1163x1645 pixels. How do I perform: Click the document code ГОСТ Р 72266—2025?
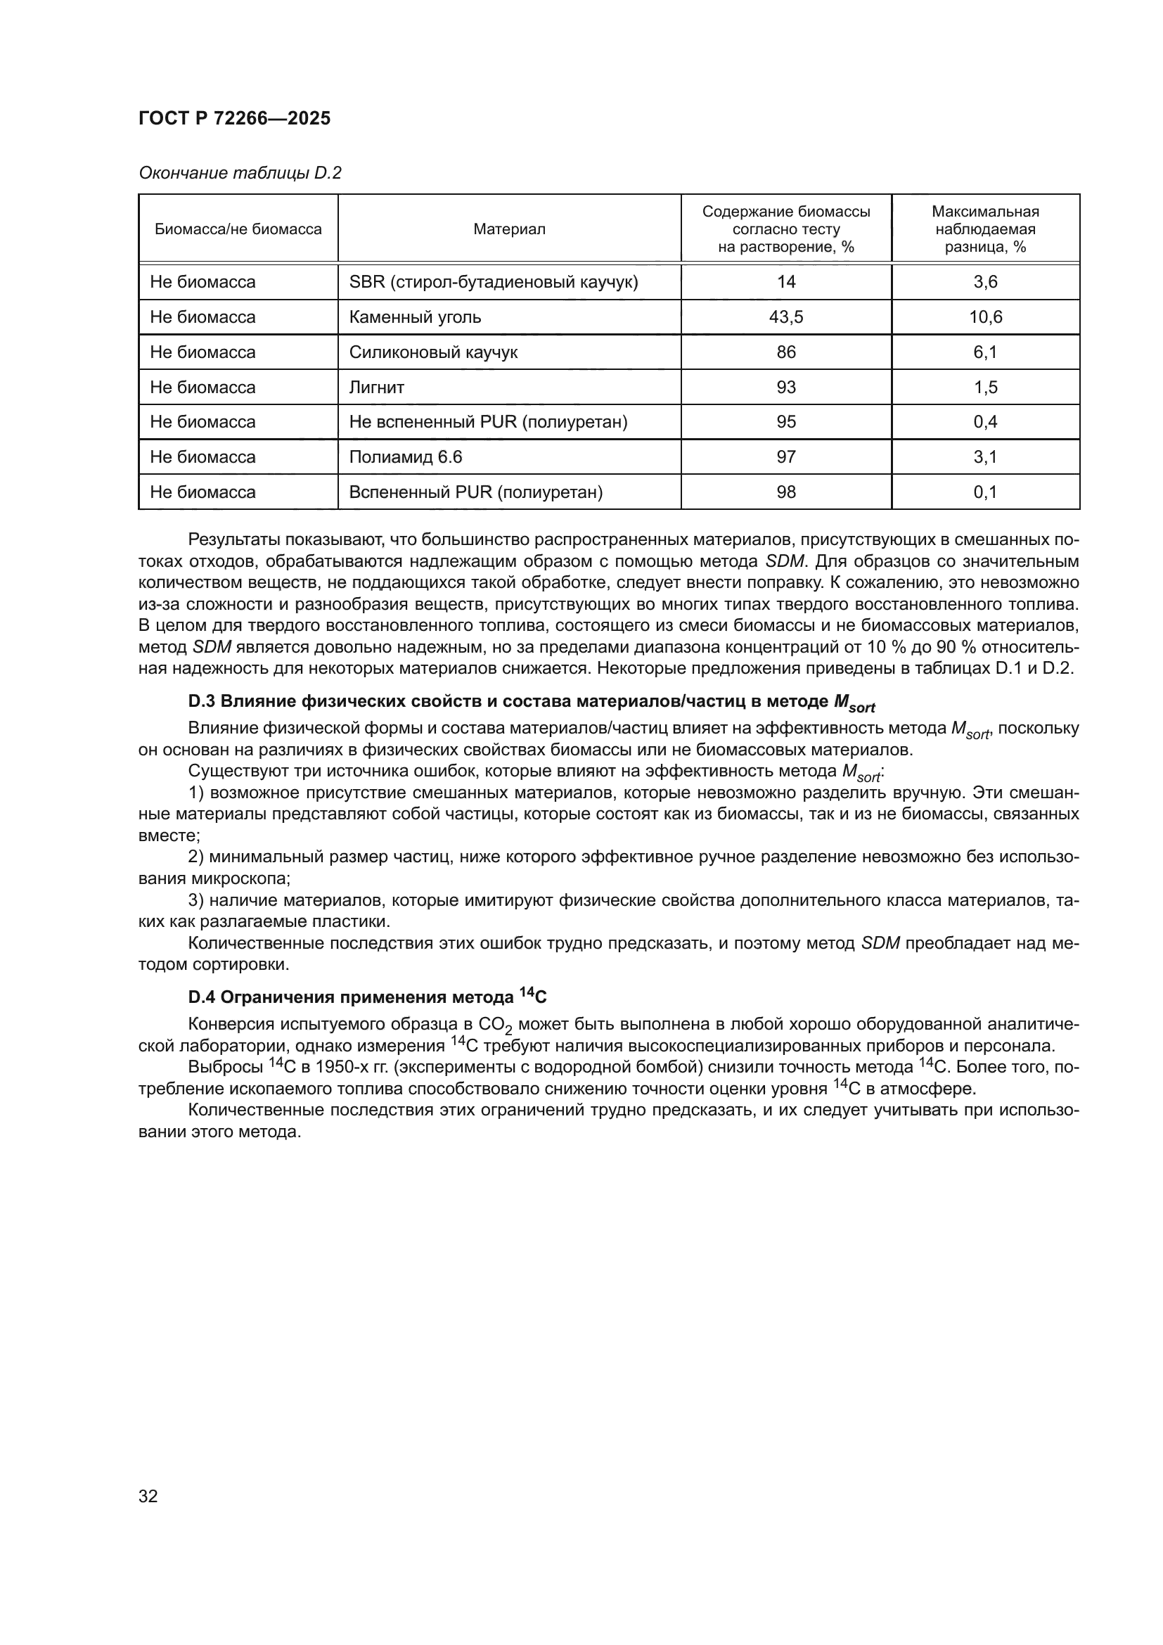[234, 119]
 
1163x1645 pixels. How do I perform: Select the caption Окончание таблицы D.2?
[240, 174]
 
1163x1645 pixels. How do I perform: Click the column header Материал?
[509, 229]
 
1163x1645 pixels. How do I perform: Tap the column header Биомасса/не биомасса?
[238, 229]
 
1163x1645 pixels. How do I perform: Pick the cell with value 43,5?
[785, 317]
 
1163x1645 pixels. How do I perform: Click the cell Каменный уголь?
[416, 317]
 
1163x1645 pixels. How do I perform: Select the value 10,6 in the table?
[985, 317]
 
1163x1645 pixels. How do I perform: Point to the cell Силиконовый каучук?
[433, 352]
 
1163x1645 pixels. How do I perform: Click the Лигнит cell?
[377, 388]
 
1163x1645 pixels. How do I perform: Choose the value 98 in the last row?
[785, 492]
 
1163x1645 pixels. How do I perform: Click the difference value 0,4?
[985, 422]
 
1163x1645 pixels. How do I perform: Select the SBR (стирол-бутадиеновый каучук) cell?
[494, 282]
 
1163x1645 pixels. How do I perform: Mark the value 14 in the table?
[785, 282]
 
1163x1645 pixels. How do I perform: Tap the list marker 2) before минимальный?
[196, 857]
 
